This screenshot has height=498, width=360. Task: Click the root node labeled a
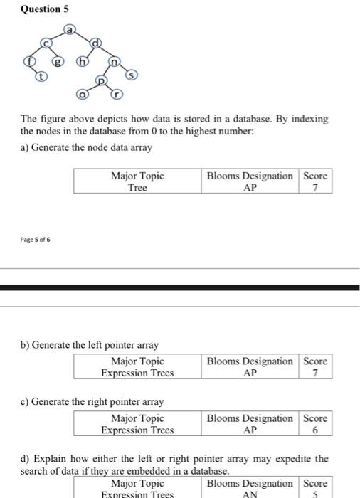point(70,31)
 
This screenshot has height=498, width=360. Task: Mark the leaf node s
point(131,74)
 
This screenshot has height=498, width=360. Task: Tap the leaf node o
point(83,94)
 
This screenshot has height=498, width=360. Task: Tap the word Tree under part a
point(137,188)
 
